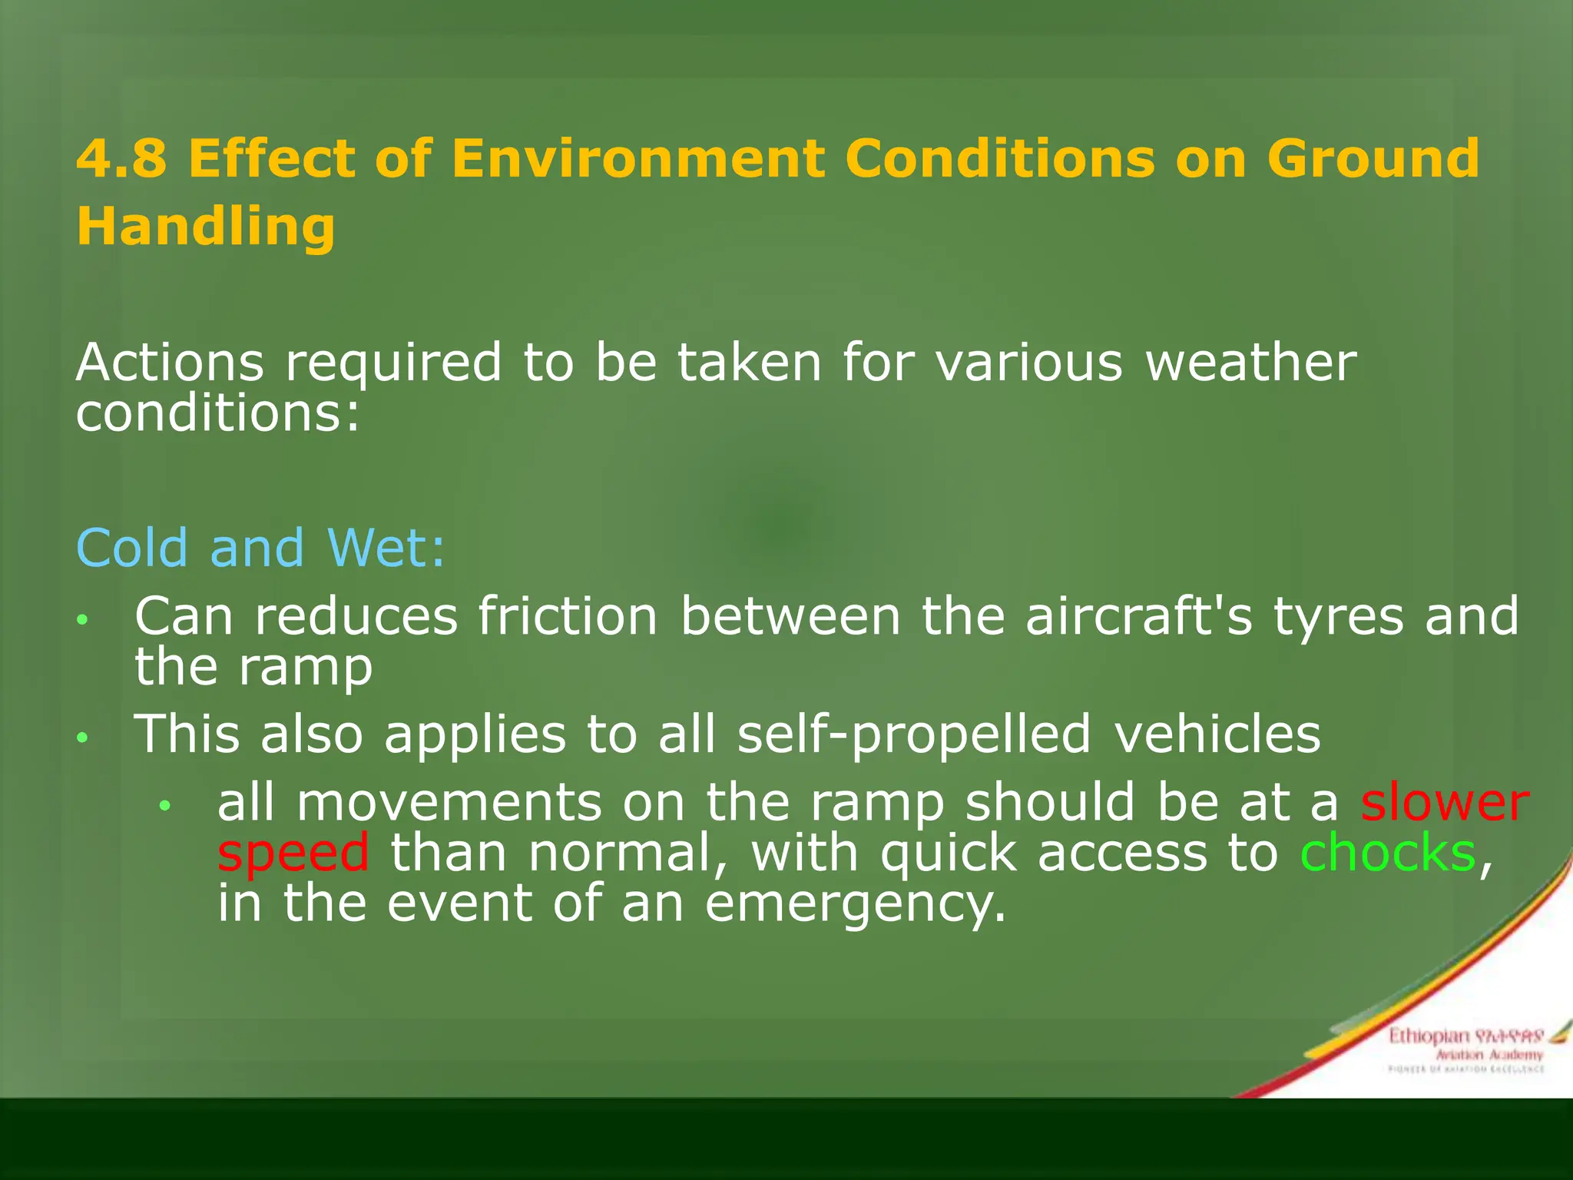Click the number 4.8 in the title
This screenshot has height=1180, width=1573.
(x=121, y=158)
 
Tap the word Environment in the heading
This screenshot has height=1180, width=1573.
(x=637, y=158)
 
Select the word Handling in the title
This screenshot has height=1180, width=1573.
(x=206, y=227)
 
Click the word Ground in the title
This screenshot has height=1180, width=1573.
(x=1373, y=158)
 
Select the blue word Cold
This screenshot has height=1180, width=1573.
(x=132, y=549)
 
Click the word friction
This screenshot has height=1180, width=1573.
(x=568, y=616)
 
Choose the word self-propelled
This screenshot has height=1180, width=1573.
(x=913, y=735)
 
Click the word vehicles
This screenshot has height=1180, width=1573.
(x=1217, y=734)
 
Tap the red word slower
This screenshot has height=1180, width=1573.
(x=1445, y=803)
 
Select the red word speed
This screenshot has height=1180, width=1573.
(x=293, y=854)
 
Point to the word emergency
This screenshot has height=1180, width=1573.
(x=855, y=905)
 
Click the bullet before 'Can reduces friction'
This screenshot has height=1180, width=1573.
(x=83, y=619)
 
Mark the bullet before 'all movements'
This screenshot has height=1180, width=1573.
(x=164, y=805)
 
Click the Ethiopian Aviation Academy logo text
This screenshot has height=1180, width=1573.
(x=1465, y=1047)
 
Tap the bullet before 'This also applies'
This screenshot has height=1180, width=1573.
(x=83, y=738)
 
